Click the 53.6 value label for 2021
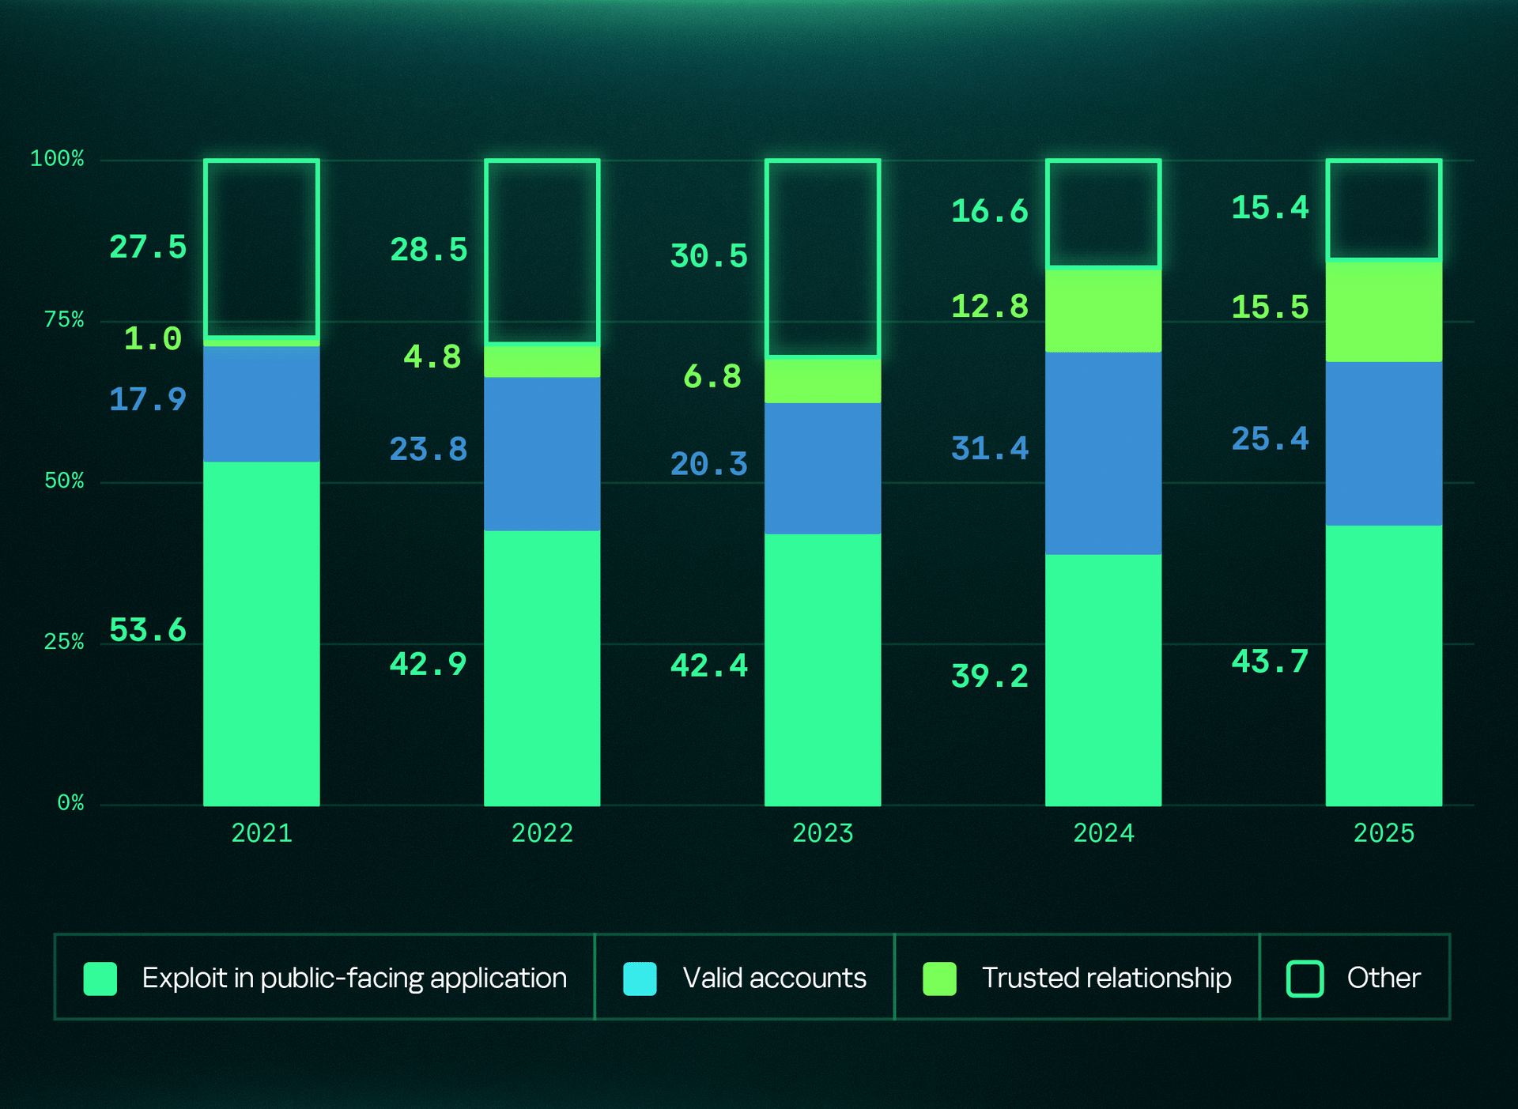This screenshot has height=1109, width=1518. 148,630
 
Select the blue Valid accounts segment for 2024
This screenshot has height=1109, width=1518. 1103,453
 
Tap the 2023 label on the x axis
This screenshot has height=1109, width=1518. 822,833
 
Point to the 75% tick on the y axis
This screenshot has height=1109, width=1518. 64,319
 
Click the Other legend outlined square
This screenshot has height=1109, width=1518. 1305,979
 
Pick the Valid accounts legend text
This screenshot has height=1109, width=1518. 774,979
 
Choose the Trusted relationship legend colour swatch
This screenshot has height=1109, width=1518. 939,979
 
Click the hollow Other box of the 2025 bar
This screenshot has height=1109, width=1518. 1384,209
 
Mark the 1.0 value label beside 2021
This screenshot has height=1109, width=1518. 153,339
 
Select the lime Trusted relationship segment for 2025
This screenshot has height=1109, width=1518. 1384,311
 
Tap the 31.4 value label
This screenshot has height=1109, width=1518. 989,448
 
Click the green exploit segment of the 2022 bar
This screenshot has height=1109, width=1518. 542,668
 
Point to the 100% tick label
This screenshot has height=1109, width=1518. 57,158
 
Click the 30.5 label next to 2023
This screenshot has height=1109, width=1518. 708,256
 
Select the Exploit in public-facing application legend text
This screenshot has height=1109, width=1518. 354,979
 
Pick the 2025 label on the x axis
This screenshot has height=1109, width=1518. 1384,833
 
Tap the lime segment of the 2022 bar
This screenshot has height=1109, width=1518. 542,361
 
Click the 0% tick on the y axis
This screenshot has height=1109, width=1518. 70,803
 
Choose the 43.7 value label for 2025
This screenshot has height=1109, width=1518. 1270,662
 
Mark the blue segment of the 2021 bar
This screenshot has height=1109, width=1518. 261,404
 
